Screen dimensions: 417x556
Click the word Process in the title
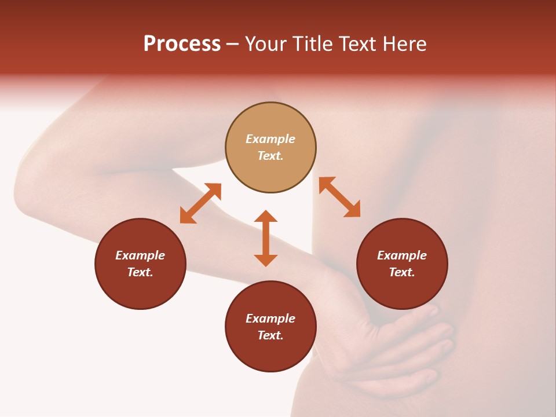[x=182, y=44]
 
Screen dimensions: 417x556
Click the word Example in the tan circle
[x=270, y=139]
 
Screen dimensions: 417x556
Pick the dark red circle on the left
[x=140, y=264]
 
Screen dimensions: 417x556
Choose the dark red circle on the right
[x=402, y=264]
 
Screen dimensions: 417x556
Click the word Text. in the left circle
[x=140, y=272]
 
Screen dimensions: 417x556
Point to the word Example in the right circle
[x=402, y=255]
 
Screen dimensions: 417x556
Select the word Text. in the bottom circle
[x=270, y=335]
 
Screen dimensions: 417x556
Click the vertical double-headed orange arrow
[x=266, y=238]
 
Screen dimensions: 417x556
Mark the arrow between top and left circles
[x=200, y=203]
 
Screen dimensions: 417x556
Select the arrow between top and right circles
[x=339, y=197]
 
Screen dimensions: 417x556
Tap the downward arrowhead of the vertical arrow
[x=266, y=260]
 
